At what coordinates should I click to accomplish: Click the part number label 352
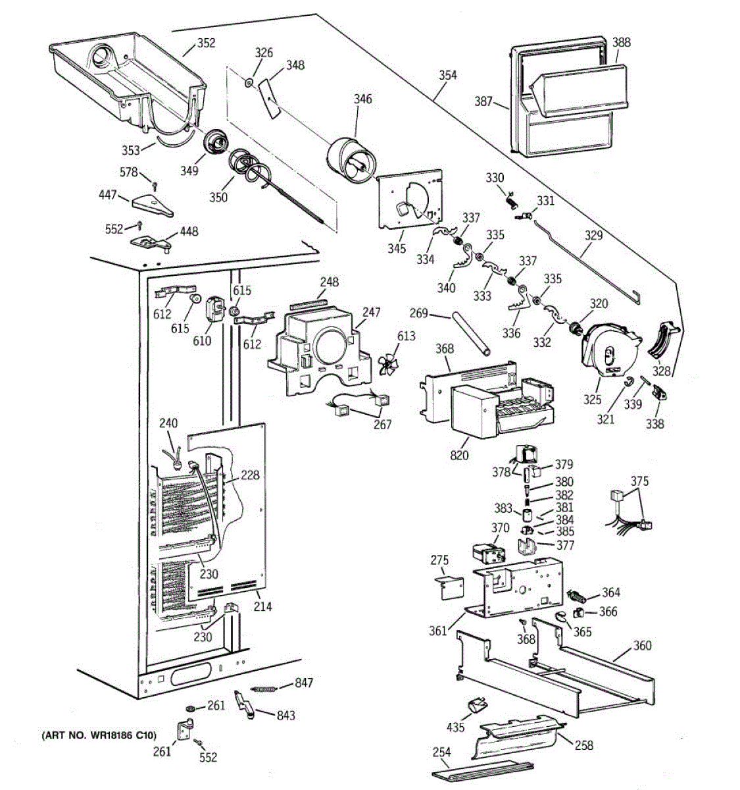coord(206,43)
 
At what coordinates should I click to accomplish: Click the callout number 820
coord(460,455)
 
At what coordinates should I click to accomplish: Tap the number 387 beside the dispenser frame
coord(483,101)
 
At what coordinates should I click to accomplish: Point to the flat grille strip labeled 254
coord(480,776)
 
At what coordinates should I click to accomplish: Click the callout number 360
coord(641,645)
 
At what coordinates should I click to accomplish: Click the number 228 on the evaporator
coord(250,475)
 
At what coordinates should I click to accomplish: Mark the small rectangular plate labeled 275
coord(450,587)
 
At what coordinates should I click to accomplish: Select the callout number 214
coord(262,606)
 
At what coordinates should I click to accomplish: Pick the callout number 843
coord(285,716)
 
